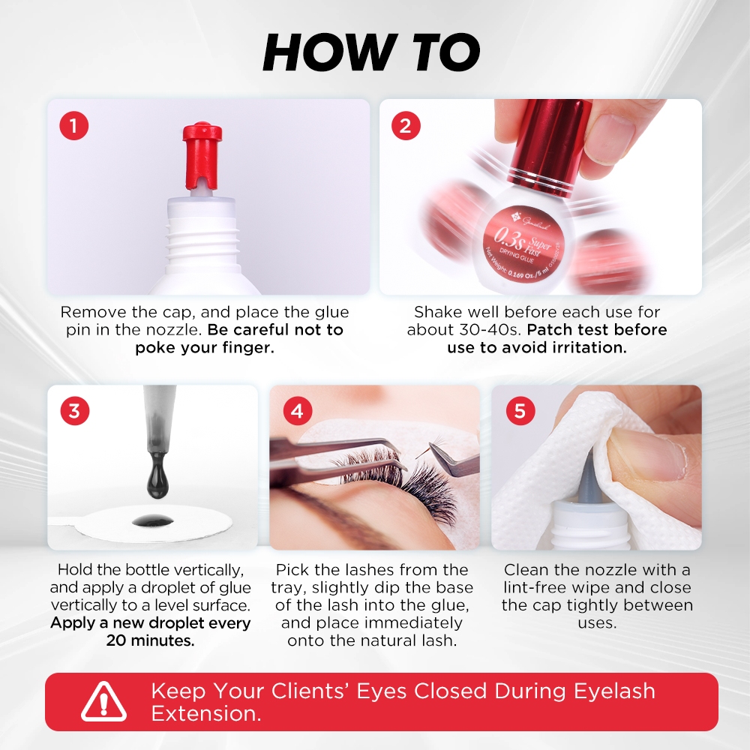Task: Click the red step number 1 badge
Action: pyautogui.click(x=73, y=126)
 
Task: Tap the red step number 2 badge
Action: pyautogui.click(x=406, y=126)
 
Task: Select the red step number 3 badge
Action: pyautogui.click(x=74, y=411)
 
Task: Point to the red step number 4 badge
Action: pyautogui.click(x=297, y=411)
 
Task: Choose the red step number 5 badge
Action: pyautogui.click(x=520, y=411)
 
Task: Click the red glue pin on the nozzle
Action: pyautogui.click(x=202, y=156)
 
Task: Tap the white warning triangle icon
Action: pyautogui.click(x=103, y=702)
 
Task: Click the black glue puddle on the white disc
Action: pyautogui.click(x=153, y=520)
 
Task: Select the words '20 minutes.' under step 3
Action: pyautogui.click(x=150, y=640)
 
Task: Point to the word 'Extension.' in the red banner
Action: pyautogui.click(x=206, y=714)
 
